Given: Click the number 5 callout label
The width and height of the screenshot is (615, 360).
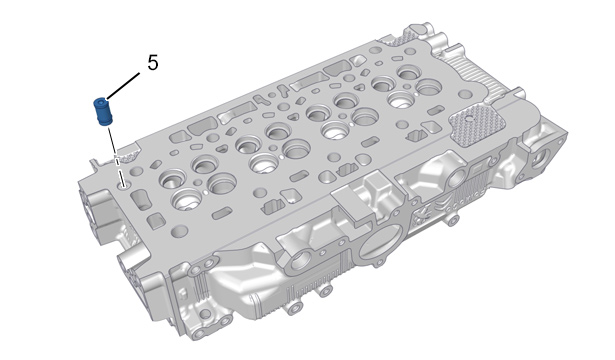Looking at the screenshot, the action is click(153, 63).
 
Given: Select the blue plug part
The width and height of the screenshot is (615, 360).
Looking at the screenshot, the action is click(103, 112).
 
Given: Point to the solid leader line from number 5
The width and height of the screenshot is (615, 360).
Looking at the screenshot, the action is click(122, 85).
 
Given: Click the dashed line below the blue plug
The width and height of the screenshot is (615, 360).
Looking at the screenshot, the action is click(116, 155).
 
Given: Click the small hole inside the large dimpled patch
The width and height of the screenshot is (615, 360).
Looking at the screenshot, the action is click(467, 118).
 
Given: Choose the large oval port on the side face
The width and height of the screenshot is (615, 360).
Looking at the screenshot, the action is click(377, 246).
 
